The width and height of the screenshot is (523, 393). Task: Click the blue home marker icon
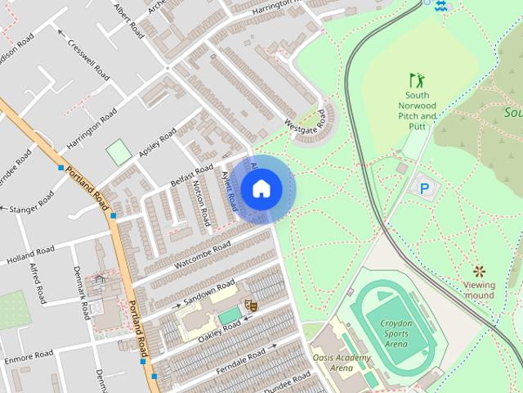261,188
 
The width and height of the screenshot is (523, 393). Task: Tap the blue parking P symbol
424,188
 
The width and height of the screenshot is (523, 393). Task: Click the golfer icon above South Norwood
418,80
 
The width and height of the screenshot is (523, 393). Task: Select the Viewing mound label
480,290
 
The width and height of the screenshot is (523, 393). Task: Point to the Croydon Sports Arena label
396,333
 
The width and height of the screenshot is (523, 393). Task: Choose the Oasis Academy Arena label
342,363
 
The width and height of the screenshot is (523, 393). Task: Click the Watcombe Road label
200,255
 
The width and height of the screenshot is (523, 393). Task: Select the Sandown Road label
210,291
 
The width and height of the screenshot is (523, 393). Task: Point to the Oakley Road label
220,328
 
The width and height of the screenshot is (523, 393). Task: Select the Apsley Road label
157,141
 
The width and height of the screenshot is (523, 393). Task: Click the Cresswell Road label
88,58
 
